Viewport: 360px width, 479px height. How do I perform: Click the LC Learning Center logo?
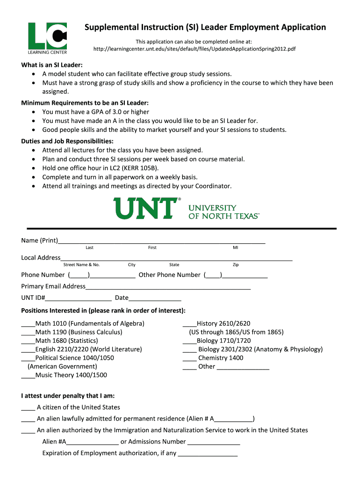(x=47, y=38)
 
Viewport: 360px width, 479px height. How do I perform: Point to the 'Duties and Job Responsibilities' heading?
(x=67, y=141)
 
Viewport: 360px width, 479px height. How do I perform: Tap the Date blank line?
(x=155, y=298)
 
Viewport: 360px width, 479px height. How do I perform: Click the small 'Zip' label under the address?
(x=236, y=265)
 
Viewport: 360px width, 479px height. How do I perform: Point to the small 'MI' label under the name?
(x=235, y=247)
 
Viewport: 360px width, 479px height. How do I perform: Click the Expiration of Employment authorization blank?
(x=208, y=454)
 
